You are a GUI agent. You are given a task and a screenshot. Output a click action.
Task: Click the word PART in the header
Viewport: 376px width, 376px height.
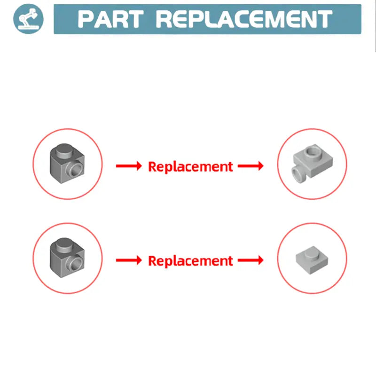110,19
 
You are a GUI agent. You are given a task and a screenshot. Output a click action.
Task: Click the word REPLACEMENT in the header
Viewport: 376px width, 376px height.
244,19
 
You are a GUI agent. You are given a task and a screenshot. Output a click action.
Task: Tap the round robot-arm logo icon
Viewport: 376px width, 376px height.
29,19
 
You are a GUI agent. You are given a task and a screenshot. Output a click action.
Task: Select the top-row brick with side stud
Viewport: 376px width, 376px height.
67,164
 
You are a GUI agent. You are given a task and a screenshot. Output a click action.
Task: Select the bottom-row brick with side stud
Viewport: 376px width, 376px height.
67,258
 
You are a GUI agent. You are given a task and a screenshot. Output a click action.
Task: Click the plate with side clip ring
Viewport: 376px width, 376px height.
312,164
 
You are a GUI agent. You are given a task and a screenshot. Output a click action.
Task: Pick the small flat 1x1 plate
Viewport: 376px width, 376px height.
312,260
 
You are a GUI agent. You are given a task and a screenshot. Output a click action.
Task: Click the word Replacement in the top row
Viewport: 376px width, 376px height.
191,166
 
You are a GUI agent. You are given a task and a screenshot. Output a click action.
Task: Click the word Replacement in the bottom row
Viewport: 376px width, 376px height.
191,261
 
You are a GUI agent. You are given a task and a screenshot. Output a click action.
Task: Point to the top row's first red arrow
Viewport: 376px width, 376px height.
129,166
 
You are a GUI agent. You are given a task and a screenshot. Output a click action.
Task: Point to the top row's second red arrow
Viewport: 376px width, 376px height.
251,166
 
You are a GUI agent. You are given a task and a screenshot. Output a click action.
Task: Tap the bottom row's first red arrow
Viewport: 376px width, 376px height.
129,260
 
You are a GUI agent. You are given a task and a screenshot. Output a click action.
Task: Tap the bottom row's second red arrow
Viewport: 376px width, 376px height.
251,260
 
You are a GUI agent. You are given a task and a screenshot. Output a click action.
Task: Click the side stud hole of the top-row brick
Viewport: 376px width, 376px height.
76,171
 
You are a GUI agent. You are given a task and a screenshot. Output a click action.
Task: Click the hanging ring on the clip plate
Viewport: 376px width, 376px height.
299,174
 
